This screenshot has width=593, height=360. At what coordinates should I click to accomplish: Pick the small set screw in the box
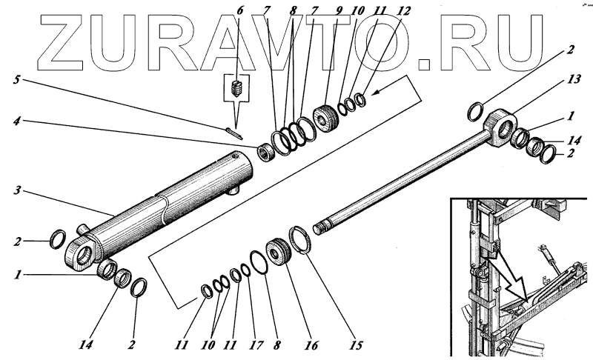coord(238,91)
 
